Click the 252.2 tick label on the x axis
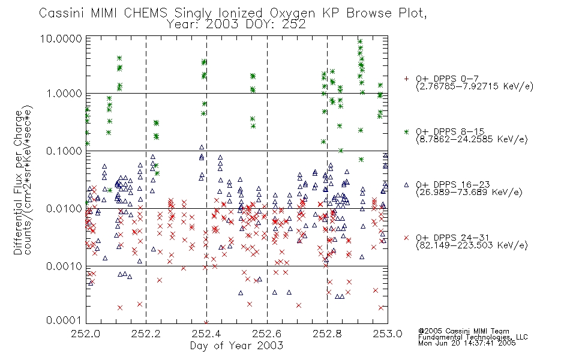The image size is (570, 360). [x=146, y=334]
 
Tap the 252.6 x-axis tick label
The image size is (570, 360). [x=267, y=334]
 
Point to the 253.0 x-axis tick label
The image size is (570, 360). [x=388, y=334]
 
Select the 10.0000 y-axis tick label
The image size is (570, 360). [x=61, y=38]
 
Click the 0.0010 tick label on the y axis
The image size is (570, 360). [x=64, y=266]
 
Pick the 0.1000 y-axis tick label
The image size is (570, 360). [x=64, y=151]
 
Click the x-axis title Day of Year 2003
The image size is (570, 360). [x=236, y=346]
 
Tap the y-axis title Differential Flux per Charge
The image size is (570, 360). [x=18, y=182]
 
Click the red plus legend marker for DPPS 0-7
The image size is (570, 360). [x=406, y=79]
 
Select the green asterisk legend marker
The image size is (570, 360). [x=406, y=131]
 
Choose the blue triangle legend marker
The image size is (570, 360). [x=406, y=185]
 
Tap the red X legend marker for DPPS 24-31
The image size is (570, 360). [x=406, y=238]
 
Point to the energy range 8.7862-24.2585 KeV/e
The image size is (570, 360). [x=472, y=139]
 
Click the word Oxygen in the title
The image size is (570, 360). [x=292, y=13]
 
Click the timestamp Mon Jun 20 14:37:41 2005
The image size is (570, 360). [x=467, y=343]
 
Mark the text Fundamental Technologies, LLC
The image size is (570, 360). [x=473, y=337]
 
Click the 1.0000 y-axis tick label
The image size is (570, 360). [x=64, y=94]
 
